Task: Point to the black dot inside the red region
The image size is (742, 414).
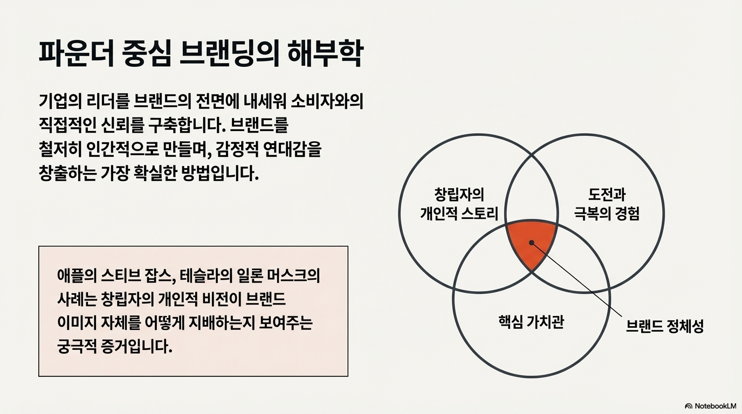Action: [532, 243]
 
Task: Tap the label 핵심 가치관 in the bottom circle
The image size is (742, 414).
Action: [531, 322]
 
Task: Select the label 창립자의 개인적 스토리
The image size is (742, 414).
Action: [459, 204]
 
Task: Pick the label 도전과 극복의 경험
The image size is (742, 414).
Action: [606, 204]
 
